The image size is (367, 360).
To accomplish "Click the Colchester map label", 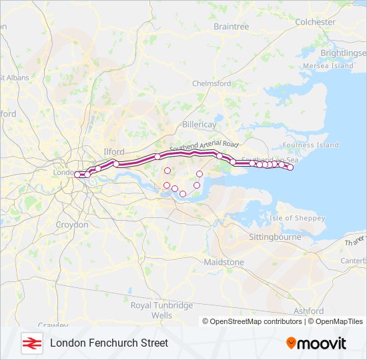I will [x=316, y=22].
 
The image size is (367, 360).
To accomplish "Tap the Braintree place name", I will [x=231, y=27].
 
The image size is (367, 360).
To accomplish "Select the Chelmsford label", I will [x=211, y=83].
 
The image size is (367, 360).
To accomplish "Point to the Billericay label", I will [x=200, y=125].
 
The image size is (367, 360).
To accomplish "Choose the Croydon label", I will [x=72, y=225].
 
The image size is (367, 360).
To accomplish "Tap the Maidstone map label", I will [x=224, y=262].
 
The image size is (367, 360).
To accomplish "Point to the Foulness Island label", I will [x=310, y=145].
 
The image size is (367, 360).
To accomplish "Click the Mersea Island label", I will [x=328, y=66].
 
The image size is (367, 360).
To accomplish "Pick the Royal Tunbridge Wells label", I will [x=161, y=309].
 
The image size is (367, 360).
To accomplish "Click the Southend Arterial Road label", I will [x=204, y=145].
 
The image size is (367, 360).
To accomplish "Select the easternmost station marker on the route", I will [x=290, y=167].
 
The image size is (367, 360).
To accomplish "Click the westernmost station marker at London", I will [x=77, y=174].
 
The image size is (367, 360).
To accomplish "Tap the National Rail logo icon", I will [x=30, y=343].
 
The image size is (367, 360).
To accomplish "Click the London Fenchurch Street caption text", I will [x=109, y=343].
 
